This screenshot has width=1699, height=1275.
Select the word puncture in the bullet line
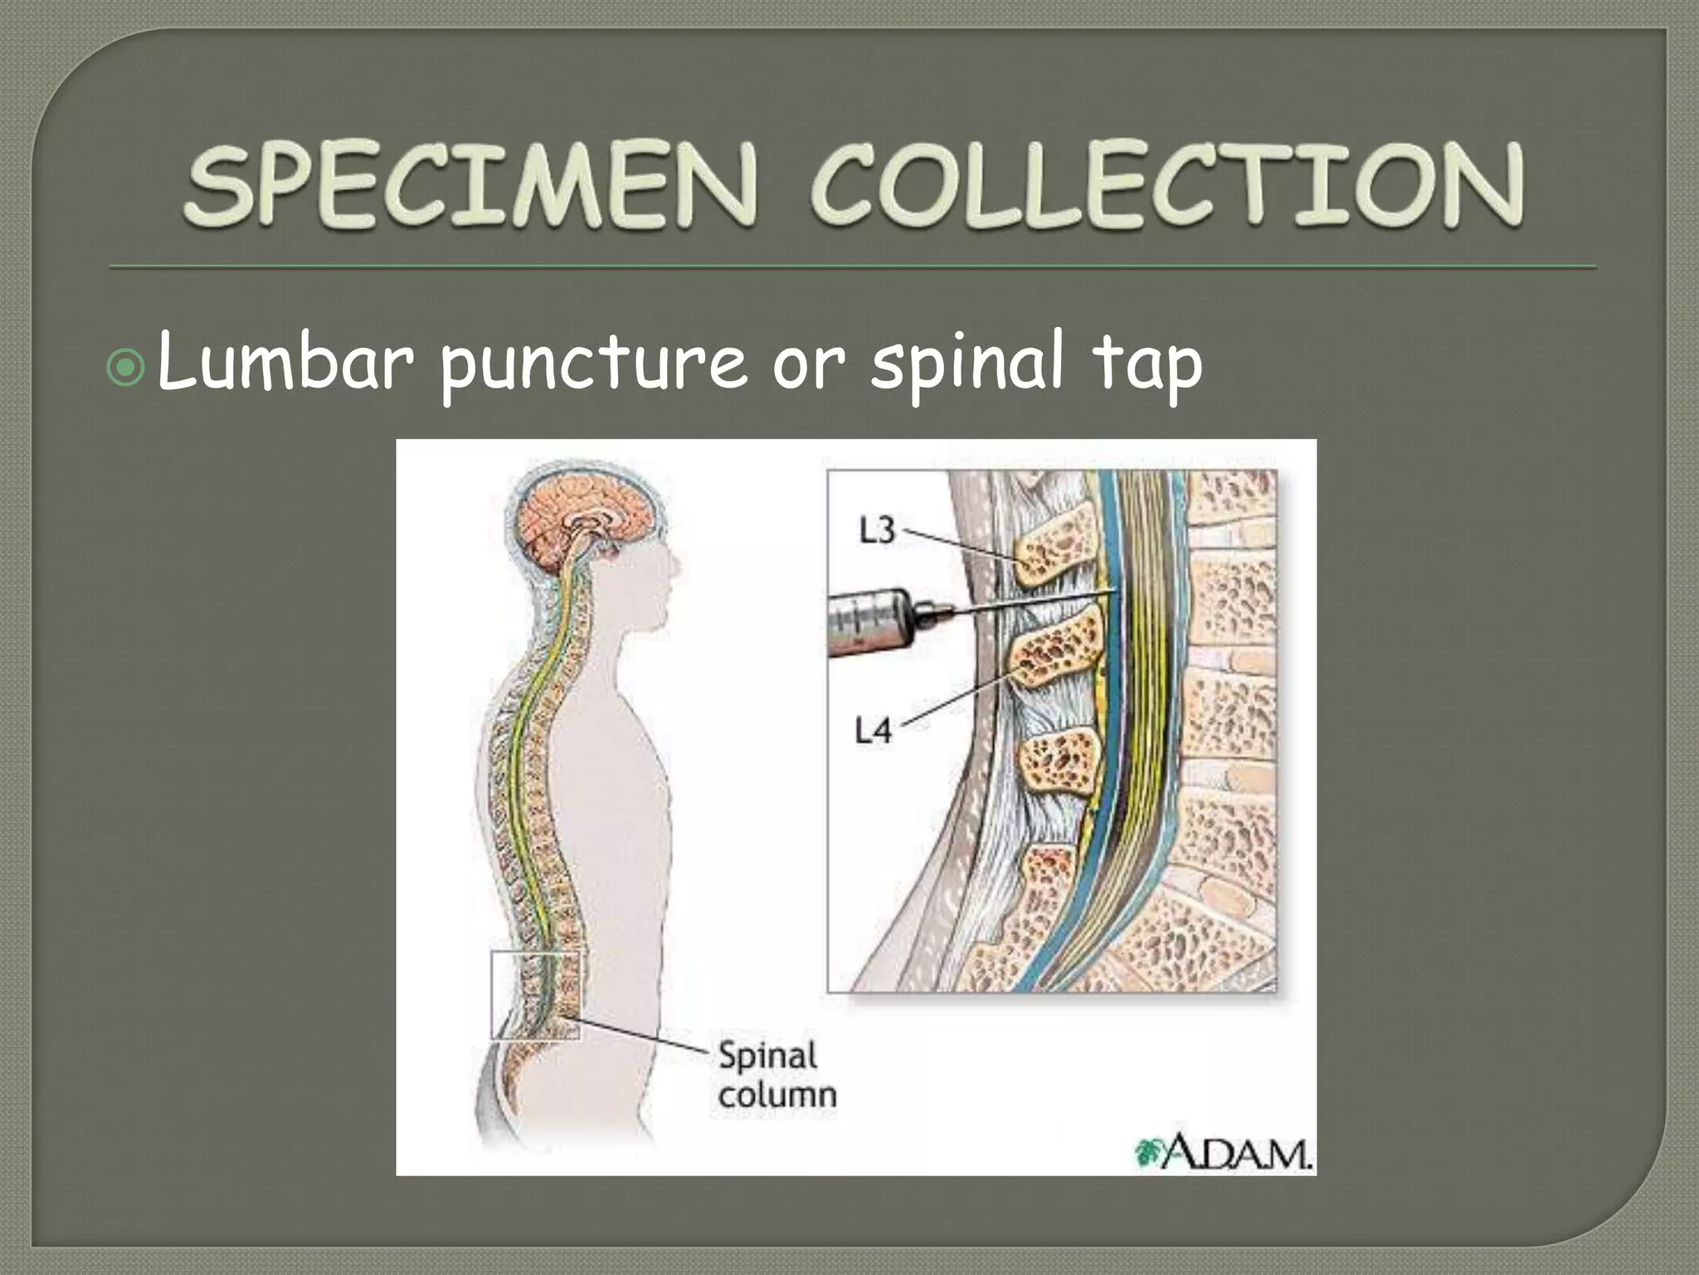(x=594, y=365)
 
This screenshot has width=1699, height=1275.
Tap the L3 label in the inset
(x=877, y=530)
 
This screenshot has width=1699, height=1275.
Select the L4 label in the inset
(x=874, y=730)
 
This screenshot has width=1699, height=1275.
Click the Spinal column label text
(x=776, y=1075)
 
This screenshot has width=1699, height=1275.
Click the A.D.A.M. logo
(x=1223, y=1153)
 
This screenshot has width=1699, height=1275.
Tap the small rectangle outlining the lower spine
(x=537, y=994)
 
